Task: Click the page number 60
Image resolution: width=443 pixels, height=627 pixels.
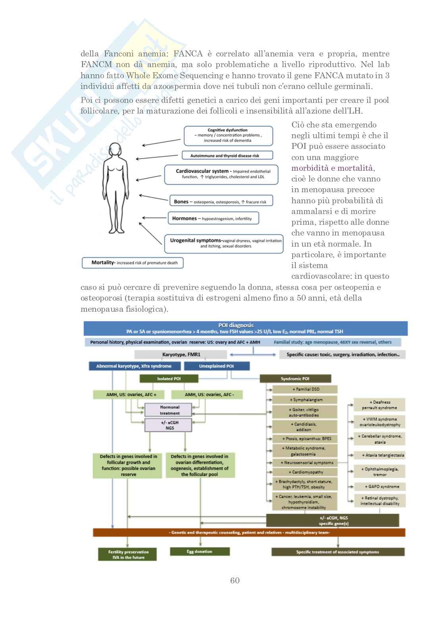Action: point(235,580)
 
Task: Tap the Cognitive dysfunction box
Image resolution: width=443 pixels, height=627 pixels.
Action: point(228,135)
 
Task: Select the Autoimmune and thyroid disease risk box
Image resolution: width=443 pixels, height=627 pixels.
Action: point(227,156)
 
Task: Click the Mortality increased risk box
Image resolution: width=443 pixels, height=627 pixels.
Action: point(133,262)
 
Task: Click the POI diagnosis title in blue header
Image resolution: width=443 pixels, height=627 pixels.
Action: point(236,325)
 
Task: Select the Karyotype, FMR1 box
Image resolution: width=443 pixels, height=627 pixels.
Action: point(176,355)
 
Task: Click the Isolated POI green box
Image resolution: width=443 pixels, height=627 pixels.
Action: point(168,379)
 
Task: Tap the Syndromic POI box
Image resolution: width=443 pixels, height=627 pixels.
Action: point(295,379)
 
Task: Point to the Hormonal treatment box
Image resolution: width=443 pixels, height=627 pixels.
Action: point(169,410)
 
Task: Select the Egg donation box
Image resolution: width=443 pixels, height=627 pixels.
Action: point(200,552)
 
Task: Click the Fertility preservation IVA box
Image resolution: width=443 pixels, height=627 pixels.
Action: point(128,555)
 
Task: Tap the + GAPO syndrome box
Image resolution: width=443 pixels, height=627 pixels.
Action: point(379,486)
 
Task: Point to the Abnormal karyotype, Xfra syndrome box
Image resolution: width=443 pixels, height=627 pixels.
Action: point(134,366)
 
